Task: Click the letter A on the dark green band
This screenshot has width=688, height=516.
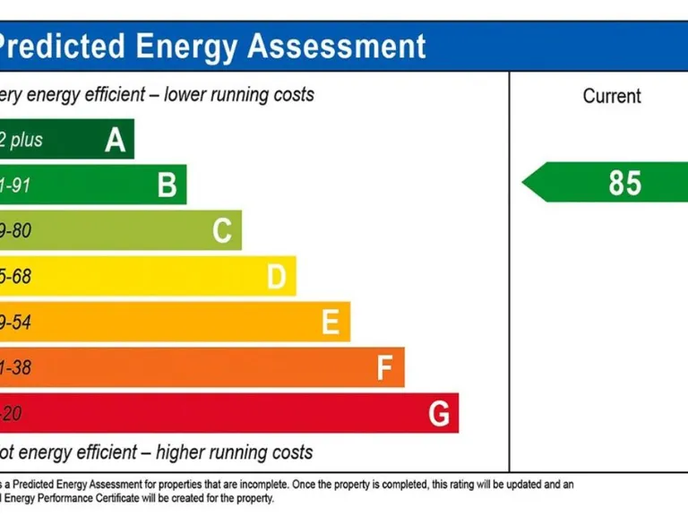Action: (x=116, y=140)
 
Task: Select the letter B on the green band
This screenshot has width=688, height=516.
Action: (x=168, y=185)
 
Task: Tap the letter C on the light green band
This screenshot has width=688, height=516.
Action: (x=222, y=231)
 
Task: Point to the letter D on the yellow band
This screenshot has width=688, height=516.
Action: (x=277, y=277)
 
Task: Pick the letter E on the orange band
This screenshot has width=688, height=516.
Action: (x=331, y=322)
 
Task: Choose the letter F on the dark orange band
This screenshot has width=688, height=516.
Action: (x=385, y=367)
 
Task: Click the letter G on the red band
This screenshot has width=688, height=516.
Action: (x=439, y=414)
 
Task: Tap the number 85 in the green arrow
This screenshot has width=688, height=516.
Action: (x=625, y=183)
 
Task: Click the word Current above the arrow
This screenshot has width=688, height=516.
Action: (x=612, y=96)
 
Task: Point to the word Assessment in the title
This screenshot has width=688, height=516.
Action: (x=337, y=46)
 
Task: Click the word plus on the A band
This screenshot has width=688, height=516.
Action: (x=27, y=141)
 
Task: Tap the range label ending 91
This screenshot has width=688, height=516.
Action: (x=15, y=185)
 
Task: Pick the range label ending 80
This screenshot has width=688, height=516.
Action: (x=15, y=231)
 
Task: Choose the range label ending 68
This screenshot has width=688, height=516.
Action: (x=15, y=277)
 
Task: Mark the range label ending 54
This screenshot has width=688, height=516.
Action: (x=15, y=322)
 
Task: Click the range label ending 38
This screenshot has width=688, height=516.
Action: (x=15, y=367)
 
